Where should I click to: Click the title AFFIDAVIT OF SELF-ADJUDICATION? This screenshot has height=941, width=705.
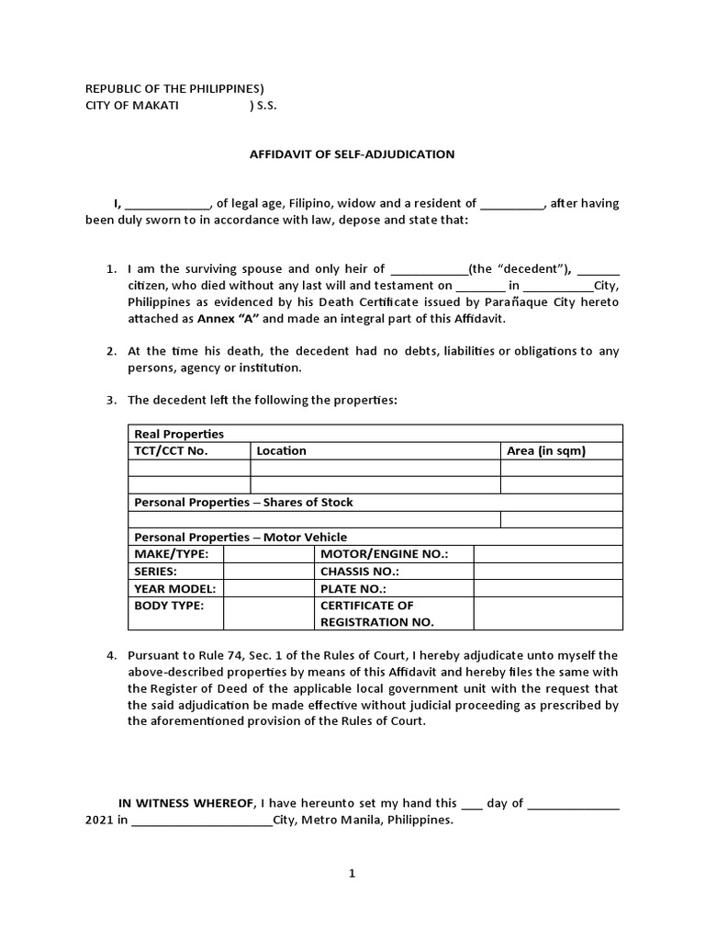click(352, 154)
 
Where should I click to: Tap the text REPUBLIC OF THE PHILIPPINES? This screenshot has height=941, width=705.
click(173, 89)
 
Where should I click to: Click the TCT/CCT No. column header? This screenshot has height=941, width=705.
click(172, 451)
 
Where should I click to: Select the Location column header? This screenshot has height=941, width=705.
click(282, 451)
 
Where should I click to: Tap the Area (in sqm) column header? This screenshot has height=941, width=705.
click(546, 451)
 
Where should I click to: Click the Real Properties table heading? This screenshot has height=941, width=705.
click(179, 434)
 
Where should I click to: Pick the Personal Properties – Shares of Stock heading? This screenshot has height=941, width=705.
click(243, 503)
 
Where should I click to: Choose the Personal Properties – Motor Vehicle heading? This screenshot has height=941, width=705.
click(241, 537)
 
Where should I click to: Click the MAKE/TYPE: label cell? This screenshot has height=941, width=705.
click(172, 554)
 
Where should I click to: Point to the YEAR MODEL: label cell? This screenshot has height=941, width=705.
click(174, 589)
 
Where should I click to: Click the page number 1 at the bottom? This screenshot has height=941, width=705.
click(352, 875)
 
